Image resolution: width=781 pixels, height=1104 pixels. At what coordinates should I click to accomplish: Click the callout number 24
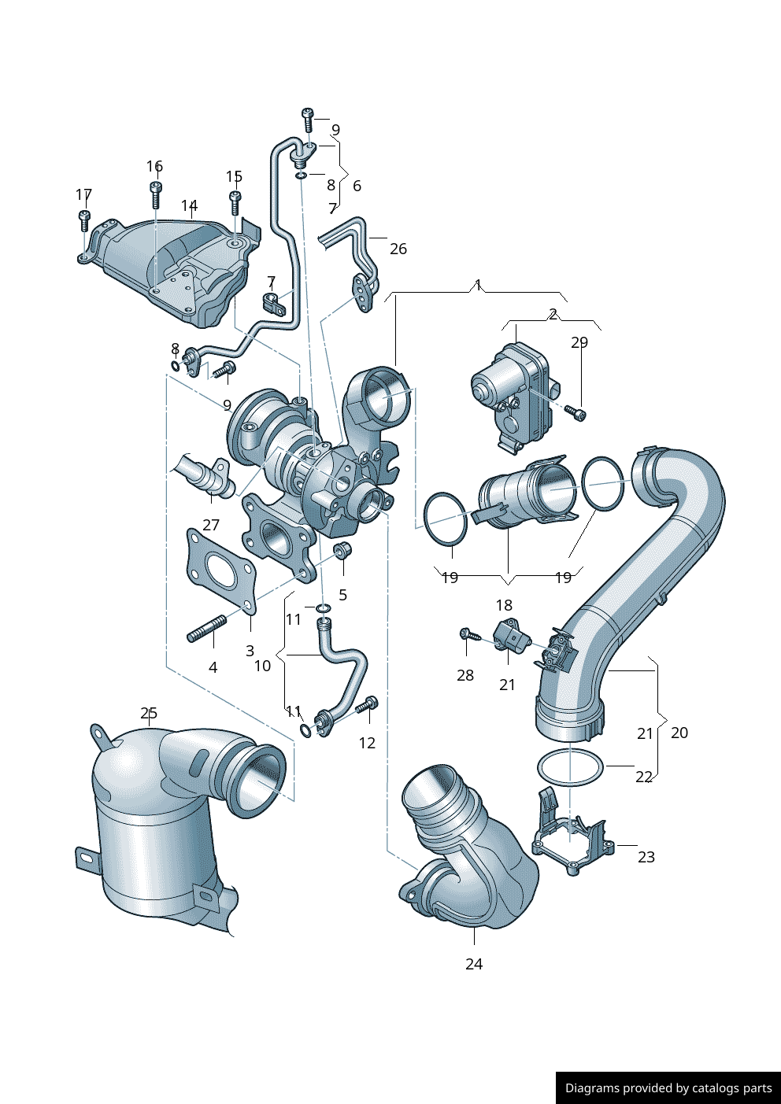coord(474,964)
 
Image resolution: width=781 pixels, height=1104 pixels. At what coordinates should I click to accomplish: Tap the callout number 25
coord(149,713)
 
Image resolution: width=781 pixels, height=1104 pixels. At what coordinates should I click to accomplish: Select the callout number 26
coord(398,249)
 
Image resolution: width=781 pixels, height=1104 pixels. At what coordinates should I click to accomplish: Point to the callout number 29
coord(579,342)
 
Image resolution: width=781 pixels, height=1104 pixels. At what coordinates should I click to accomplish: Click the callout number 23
coord(646,857)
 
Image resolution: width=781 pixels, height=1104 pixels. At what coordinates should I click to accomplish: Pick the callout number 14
coord(189,205)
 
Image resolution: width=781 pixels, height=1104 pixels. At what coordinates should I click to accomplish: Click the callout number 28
coord(465,675)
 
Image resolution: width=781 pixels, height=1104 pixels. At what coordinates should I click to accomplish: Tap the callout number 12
coord(367,743)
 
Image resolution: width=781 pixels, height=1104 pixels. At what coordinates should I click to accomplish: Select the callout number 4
coord(213,667)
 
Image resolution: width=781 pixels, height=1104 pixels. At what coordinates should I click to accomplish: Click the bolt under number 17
coord(84,221)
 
